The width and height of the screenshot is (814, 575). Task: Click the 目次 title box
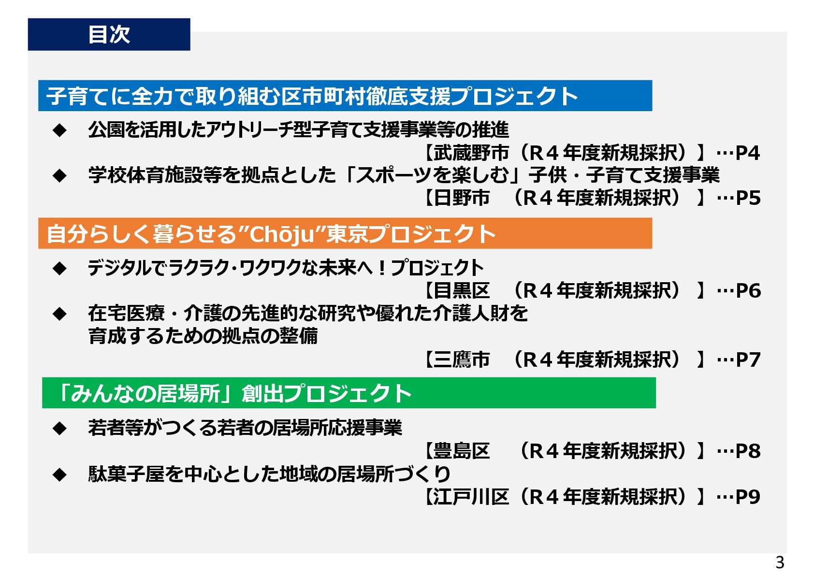coord(109,34)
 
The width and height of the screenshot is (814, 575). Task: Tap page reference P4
coord(747,153)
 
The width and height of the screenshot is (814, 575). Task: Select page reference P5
coord(747,198)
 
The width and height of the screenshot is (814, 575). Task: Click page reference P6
coord(747,291)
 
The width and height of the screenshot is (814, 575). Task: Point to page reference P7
coord(747,359)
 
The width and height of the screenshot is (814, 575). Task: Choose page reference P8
coord(747,451)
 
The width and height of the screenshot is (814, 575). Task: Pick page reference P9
coord(747,497)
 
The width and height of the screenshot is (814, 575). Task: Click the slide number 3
coord(779,562)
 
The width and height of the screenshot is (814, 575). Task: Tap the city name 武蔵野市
coord(471,153)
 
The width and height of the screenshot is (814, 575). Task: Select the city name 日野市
coord(462,198)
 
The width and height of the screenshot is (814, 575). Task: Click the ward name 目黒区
coord(462,291)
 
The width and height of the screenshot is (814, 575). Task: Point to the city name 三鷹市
coord(462,359)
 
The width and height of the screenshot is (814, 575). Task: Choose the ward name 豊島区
coord(462,451)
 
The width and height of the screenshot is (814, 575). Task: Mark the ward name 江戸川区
coord(471,497)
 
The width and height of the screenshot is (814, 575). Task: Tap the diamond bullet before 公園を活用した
coord(59,130)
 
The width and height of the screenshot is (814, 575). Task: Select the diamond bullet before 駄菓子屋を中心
coord(59,474)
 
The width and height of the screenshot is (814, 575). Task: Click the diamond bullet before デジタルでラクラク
coord(59,268)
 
